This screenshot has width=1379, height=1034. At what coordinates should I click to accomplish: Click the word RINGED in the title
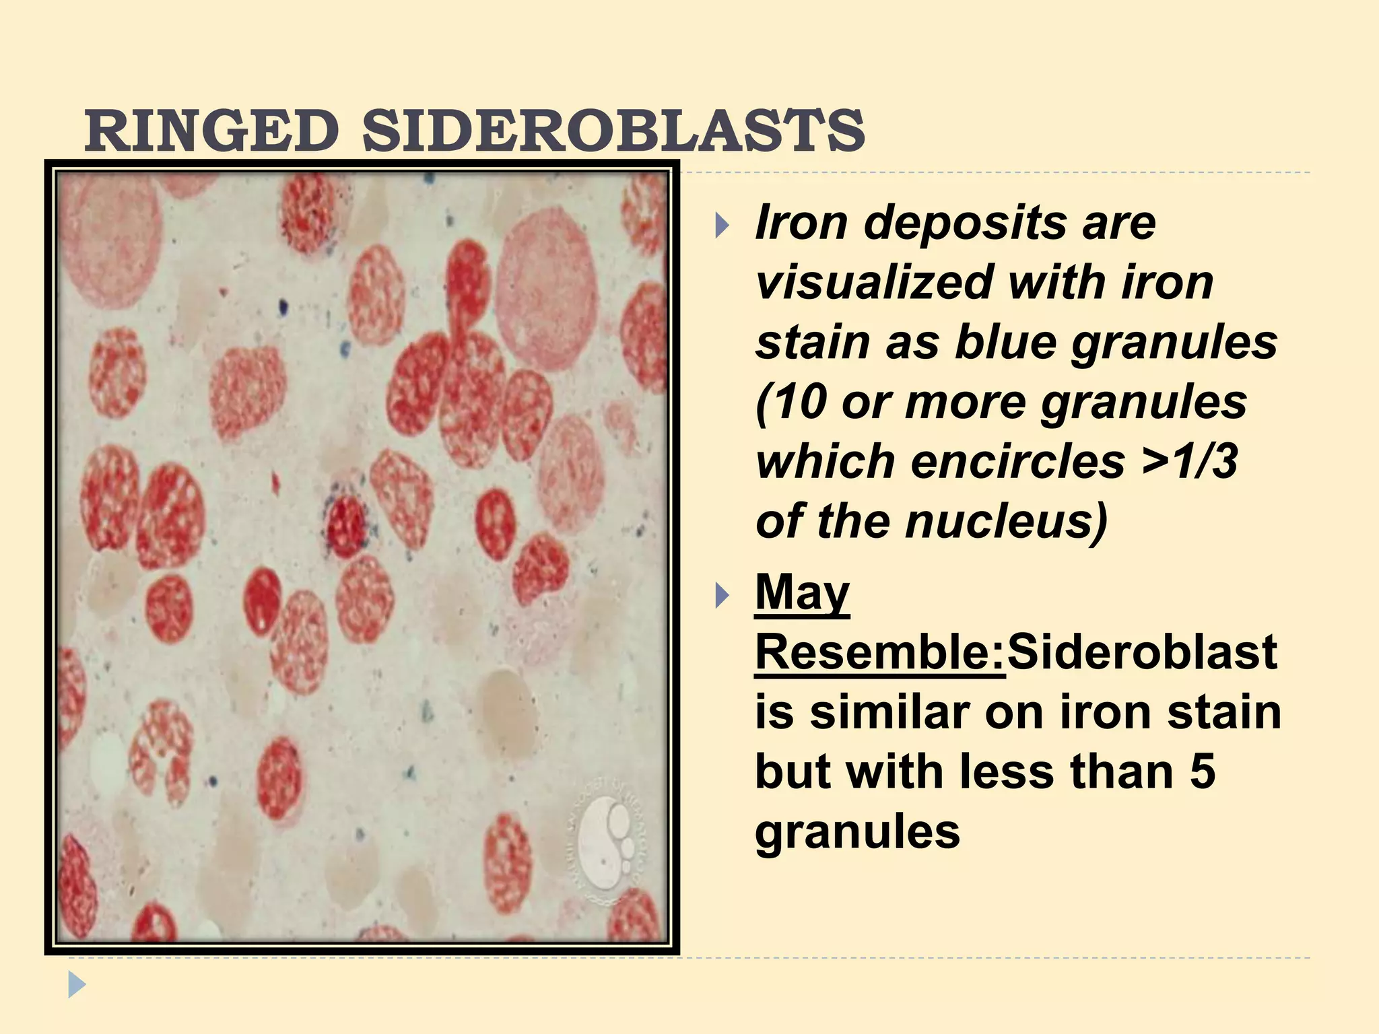tap(211, 131)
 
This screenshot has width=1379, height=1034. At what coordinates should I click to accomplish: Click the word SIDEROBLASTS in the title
tap(613, 131)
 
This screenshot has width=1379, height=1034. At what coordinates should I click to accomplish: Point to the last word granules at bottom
tap(857, 832)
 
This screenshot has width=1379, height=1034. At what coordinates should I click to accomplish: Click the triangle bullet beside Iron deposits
tap(722, 225)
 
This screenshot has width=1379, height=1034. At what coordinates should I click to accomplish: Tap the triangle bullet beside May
tap(722, 595)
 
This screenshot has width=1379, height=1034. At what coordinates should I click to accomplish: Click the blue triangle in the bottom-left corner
tap(77, 985)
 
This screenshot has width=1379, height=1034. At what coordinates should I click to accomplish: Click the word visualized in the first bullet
tap(873, 282)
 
